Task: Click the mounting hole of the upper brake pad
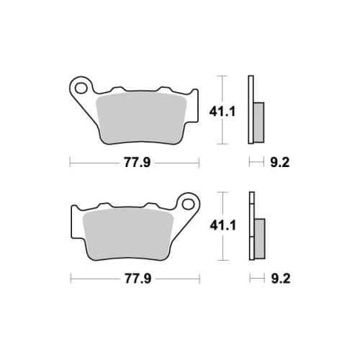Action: tap(81, 88)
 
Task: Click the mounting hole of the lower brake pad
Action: tap(188, 204)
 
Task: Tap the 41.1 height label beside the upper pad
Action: tap(222, 112)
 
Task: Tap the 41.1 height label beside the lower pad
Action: tap(223, 225)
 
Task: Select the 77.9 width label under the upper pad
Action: tap(137, 163)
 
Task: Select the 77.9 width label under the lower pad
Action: tap(138, 279)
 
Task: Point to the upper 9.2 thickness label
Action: tap(280, 163)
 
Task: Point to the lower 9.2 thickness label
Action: tap(281, 279)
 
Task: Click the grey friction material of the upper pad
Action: tap(141, 118)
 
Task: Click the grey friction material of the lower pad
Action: tap(128, 234)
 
